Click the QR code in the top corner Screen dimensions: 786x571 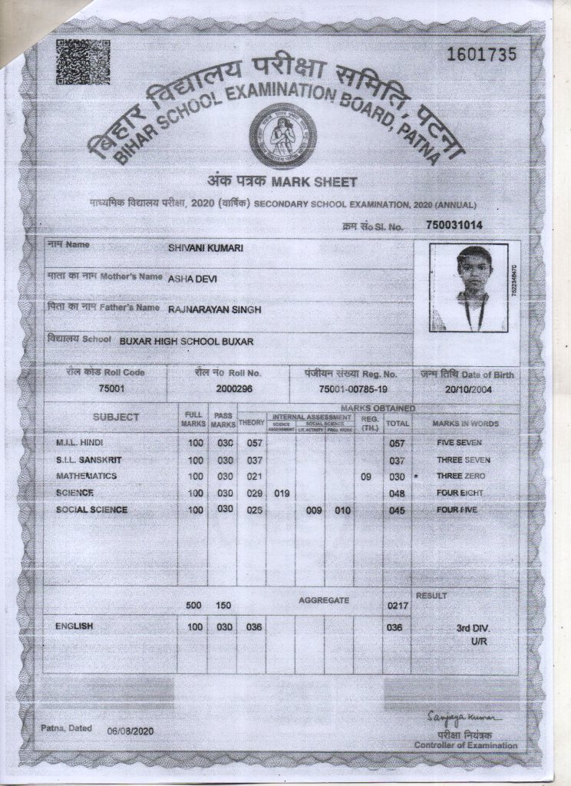point(82,61)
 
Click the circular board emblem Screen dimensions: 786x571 point(282,136)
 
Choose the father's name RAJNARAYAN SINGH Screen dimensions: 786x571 point(215,309)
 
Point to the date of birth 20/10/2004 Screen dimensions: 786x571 point(467,389)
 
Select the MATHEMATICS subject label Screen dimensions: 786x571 point(86,476)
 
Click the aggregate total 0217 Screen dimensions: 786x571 point(397,606)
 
